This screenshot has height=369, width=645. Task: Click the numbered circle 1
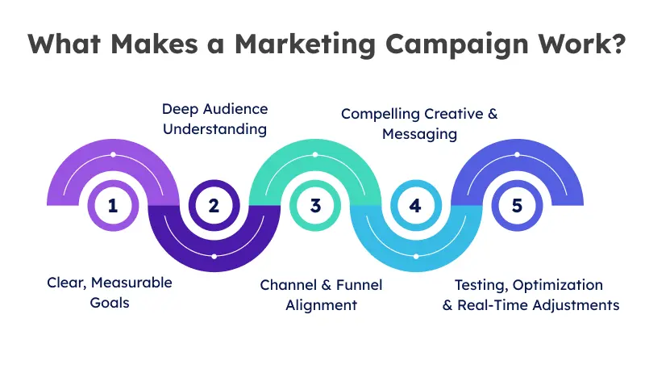click(113, 205)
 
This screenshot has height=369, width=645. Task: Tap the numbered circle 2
click(214, 205)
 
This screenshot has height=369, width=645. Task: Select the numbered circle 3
click(314, 205)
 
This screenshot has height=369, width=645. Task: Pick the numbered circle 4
click(415, 205)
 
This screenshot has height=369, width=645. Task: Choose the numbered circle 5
click(516, 205)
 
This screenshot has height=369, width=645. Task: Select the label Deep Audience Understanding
click(214, 119)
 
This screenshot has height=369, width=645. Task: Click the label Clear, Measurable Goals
click(109, 294)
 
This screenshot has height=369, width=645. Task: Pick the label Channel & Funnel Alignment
click(321, 294)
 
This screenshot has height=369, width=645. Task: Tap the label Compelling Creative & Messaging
click(419, 124)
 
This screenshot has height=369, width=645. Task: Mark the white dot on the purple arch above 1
click(113, 154)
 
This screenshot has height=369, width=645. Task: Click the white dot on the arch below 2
click(214, 256)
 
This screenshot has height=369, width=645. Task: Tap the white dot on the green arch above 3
click(314, 154)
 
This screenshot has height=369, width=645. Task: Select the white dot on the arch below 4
click(415, 256)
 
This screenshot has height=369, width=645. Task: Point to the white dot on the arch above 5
click(516, 154)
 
